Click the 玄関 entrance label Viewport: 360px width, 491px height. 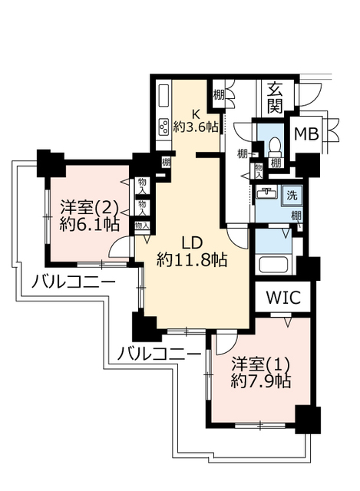[x=274, y=97]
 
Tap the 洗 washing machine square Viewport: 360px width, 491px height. [x=292, y=196]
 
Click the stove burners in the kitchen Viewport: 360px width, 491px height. [x=164, y=127]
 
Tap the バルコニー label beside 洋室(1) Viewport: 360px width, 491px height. [x=160, y=354]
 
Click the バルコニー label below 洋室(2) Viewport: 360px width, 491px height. [x=74, y=283]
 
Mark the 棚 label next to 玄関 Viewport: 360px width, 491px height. [x=220, y=95]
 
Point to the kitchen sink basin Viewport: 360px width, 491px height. [x=163, y=96]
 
